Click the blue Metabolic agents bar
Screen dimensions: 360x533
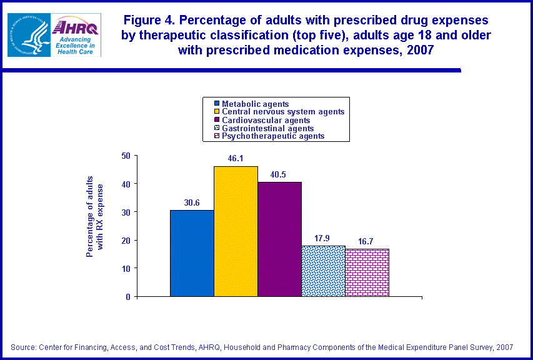point(192,253)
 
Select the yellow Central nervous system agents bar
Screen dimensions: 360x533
point(236,231)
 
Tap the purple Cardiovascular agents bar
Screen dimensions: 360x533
point(279,239)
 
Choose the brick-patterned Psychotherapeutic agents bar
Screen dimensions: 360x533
point(367,272)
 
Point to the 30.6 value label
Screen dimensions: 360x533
point(192,203)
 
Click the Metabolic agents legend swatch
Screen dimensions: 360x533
point(217,104)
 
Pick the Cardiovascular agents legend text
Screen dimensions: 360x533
point(266,120)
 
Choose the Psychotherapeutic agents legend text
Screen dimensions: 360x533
point(273,136)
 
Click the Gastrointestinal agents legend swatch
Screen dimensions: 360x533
point(217,128)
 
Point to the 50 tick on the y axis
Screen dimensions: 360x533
point(125,156)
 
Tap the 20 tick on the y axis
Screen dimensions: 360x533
point(125,240)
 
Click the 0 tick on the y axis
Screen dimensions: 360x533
point(127,297)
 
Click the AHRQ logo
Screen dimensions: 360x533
point(76,35)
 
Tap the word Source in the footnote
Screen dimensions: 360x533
point(22,347)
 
